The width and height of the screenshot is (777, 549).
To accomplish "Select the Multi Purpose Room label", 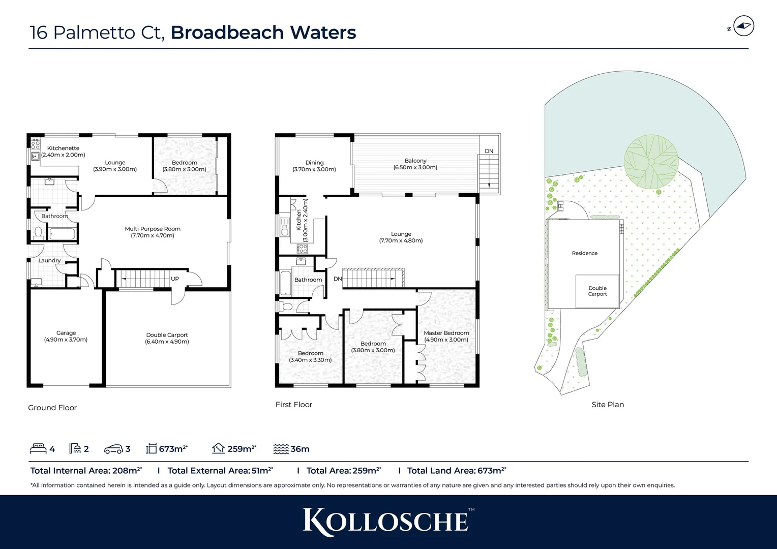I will pyautogui.click(x=153, y=232).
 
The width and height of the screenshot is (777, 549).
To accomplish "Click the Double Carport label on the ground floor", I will pyautogui.click(x=167, y=338).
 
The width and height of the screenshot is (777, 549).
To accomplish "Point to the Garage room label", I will pyautogui.click(x=66, y=336).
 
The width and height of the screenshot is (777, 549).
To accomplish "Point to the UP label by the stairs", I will pyautogui.click(x=175, y=279).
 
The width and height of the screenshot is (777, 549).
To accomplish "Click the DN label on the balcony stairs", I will pyautogui.click(x=489, y=151).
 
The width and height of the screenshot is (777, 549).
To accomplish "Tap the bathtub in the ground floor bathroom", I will pyautogui.click(x=62, y=234).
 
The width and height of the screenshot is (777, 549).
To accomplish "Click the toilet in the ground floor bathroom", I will pyautogui.click(x=38, y=233).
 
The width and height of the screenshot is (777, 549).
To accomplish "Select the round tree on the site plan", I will pyautogui.click(x=651, y=162).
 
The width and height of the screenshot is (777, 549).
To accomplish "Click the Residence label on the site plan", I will pyautogui.click(x=584, y=253).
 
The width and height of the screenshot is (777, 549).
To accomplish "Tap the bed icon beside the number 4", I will pyautogui.click(x=38, y=448).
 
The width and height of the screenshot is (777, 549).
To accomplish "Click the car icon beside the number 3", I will pyautogui.click(x=113, y=449).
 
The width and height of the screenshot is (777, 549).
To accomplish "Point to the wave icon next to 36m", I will pyautogui.click(x=281, y=449).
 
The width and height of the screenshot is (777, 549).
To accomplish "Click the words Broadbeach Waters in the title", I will pyautogui.click(x=263, y=33).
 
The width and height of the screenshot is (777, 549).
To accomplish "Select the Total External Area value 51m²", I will pyautogui.click(x=262, y=471).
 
